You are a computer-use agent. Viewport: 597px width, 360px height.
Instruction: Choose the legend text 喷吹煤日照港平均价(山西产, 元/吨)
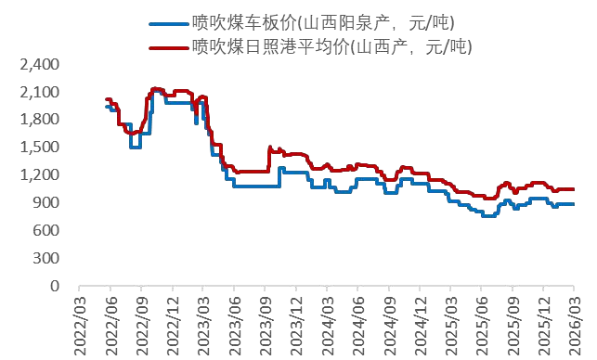[331, 44]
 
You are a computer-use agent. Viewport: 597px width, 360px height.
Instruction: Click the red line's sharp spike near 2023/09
[269, 147]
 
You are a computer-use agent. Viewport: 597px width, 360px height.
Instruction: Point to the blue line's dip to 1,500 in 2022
[136, 147]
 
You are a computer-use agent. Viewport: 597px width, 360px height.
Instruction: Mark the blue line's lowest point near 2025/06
[488, 215]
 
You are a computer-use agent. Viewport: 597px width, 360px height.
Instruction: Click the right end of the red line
[574, 189]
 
